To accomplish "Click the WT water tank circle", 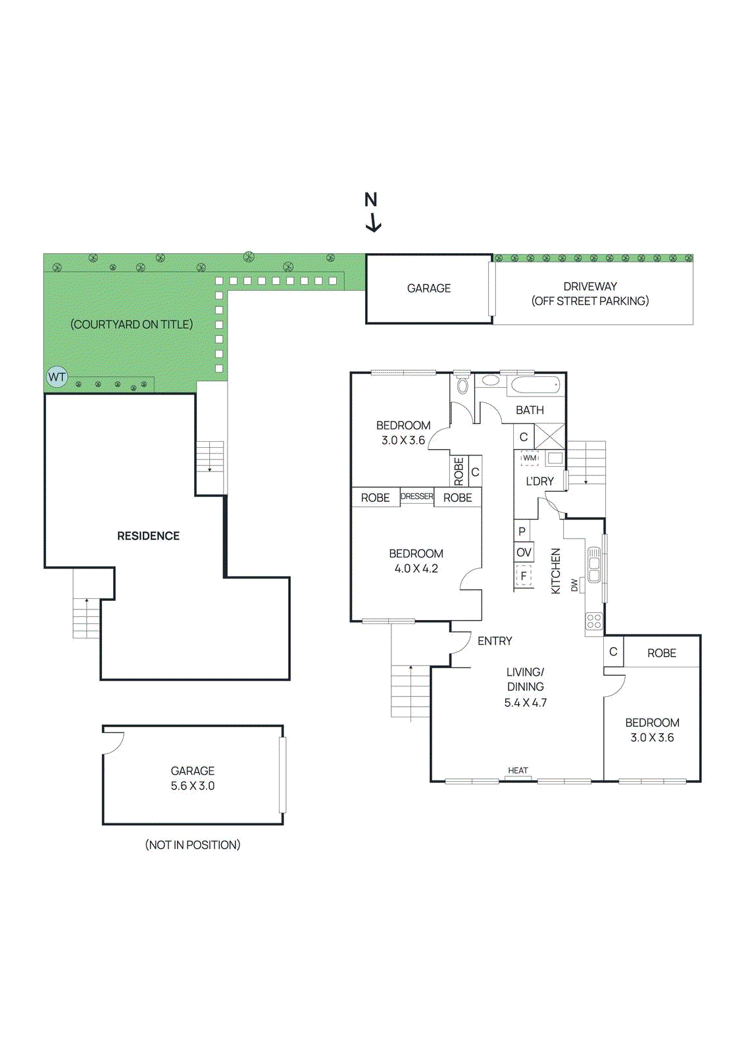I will coord(57,377).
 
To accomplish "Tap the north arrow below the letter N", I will coord(373,223).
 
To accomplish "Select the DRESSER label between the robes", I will coord(417,496).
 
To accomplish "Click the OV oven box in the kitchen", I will coord(524,552).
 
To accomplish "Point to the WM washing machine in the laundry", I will coord(530,458).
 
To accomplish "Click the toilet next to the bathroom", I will coord(462,385).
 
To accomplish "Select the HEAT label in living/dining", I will coord(518,771).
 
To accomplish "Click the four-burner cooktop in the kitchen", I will coord(594,621).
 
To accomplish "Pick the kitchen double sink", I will coord(594,565).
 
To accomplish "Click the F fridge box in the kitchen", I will coord(524,577).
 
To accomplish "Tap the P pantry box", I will coord(522,531).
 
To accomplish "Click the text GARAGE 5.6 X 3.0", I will coord(193,778).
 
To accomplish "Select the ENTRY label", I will coord(495,641).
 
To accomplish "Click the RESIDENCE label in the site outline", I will coord(148,536).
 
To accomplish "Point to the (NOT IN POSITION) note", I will coord(193,845).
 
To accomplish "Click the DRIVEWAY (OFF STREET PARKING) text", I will coord(590,294).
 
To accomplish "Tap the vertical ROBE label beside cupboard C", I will coord(459,471).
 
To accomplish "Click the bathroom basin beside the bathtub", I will coord(490,380).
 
